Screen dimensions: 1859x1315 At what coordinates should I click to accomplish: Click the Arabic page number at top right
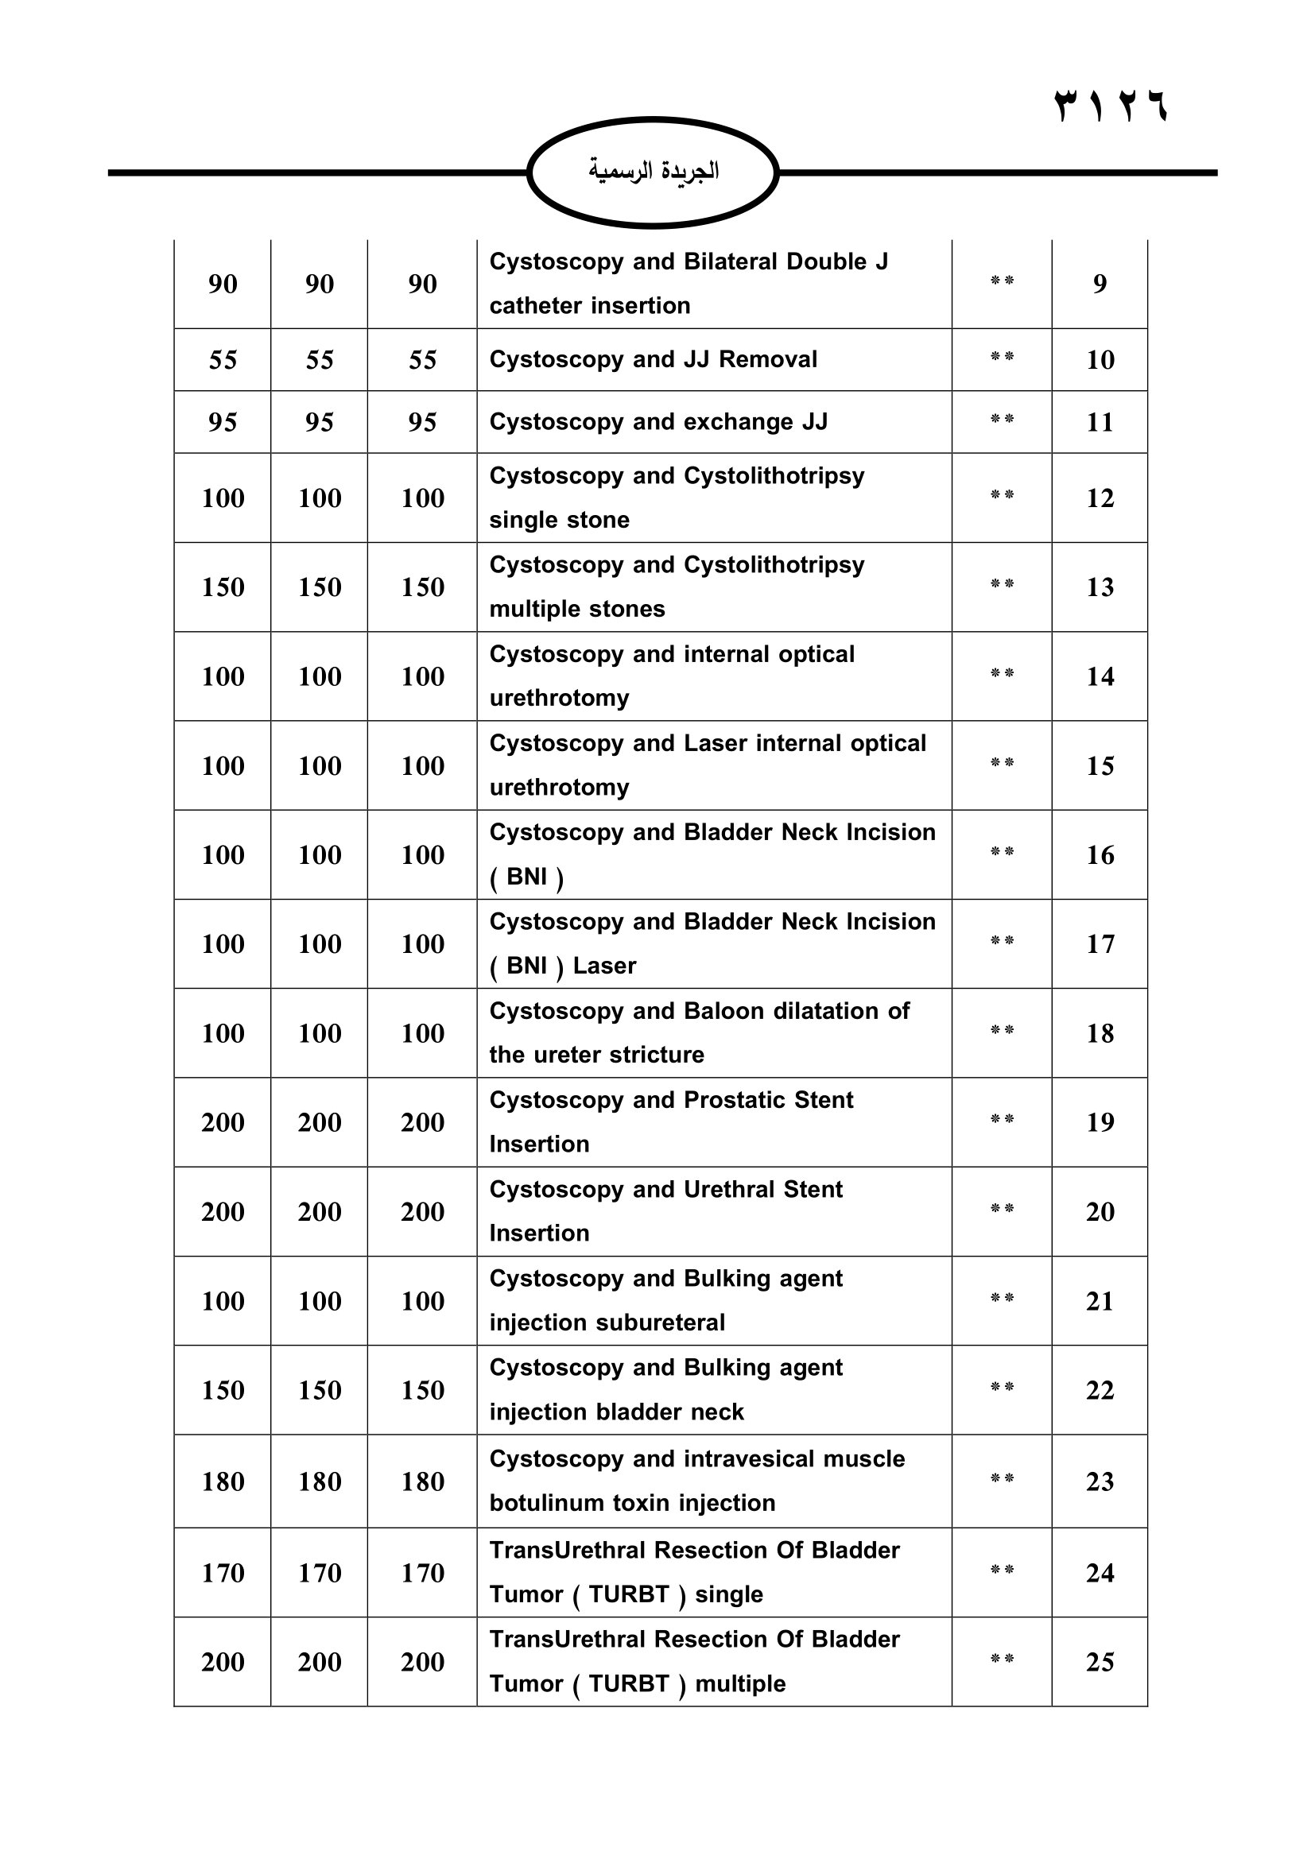click(1110, 105)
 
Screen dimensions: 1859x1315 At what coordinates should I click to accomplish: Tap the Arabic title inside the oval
click(653, 171)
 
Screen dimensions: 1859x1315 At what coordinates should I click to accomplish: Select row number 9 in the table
click(1099, 284)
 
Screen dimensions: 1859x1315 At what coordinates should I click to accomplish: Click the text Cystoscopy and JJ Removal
click(653, 358)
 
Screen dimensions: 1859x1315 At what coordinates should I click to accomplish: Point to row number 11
click(1099, 422)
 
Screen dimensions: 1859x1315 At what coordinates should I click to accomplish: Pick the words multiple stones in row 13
click(576, 609)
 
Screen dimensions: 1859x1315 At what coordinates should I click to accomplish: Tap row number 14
click(1099, 676)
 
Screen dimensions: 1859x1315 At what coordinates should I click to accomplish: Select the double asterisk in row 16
click(1002, 852)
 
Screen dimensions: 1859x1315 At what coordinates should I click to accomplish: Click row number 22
click(1099, 1390)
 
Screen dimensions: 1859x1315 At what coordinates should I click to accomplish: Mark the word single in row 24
click(729, 1594)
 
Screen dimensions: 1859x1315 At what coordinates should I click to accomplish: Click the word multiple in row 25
click(740, 1683)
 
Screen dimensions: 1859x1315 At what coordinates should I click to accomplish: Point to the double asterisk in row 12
click(1002, 494)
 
